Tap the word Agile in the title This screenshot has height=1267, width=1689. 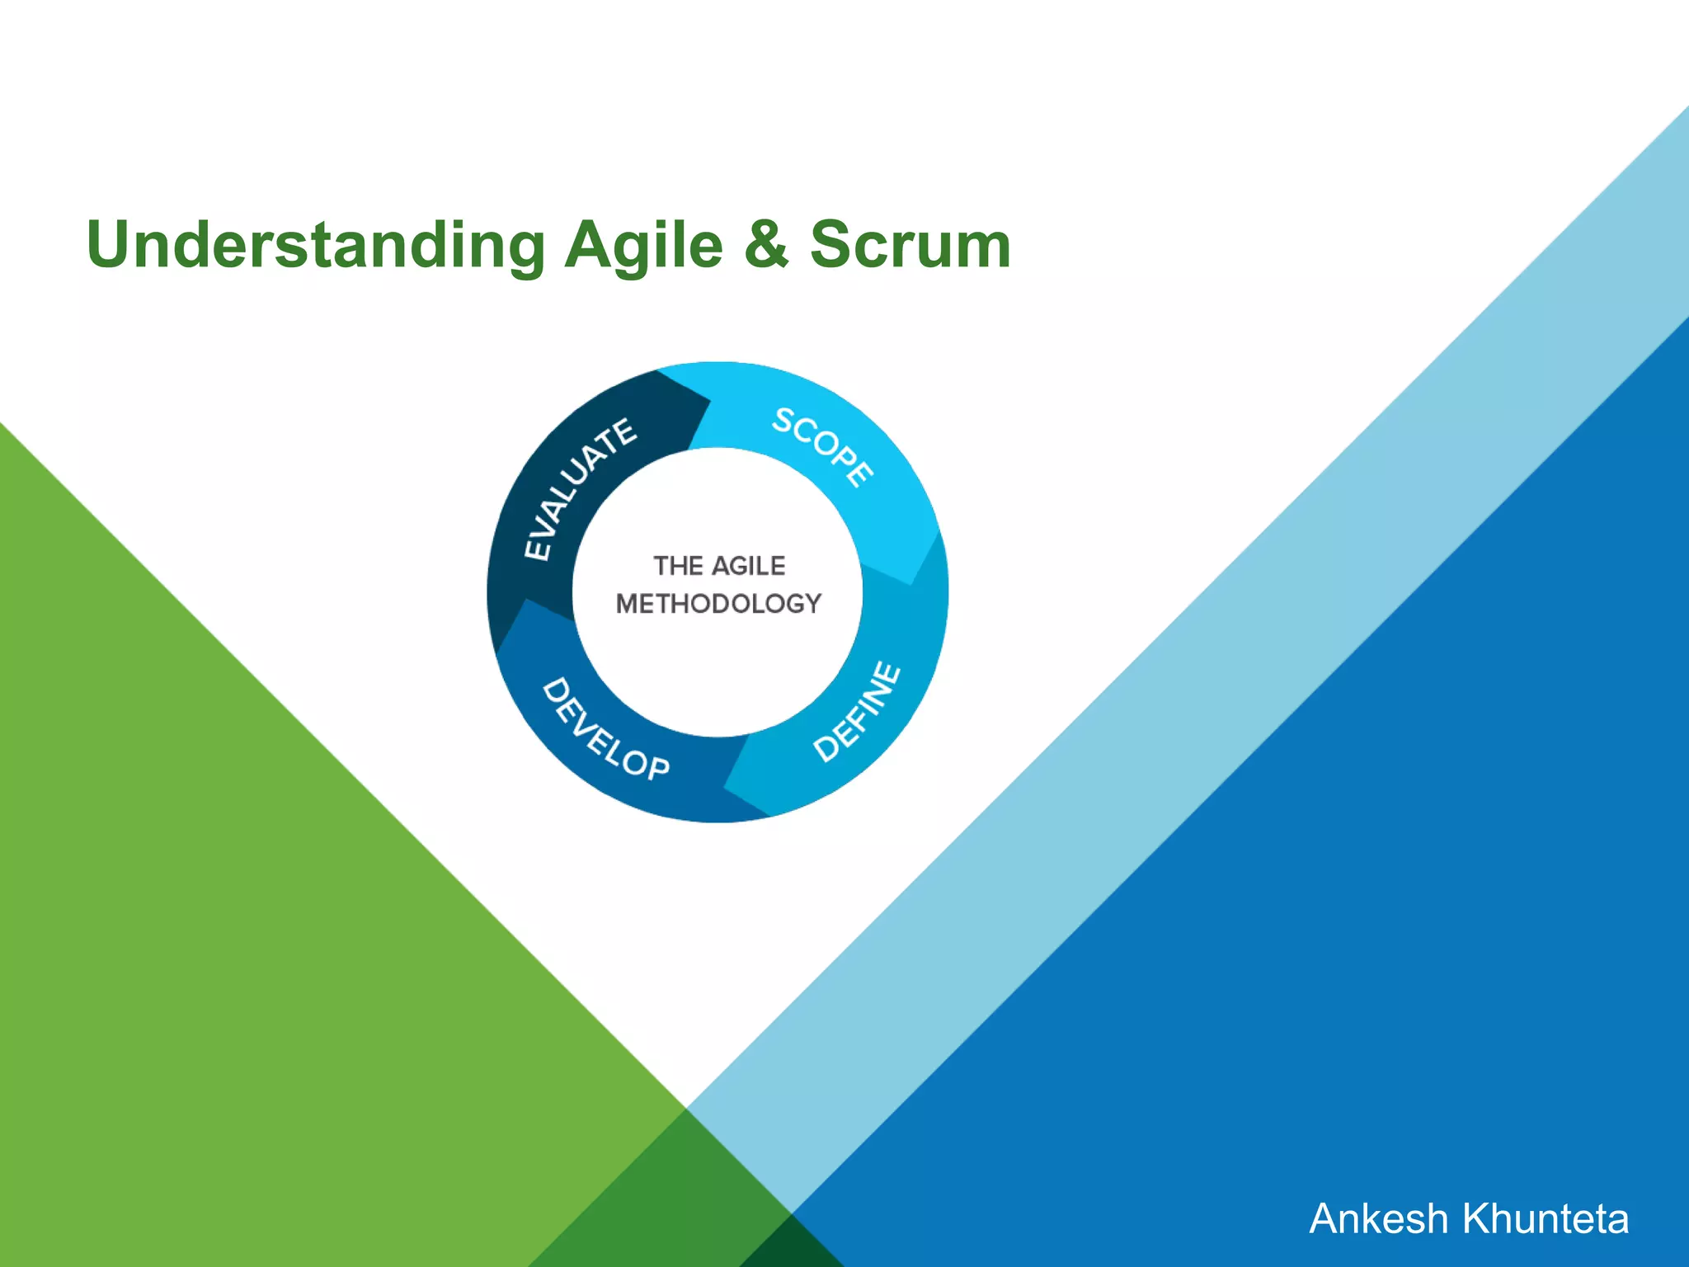tap(643, 245)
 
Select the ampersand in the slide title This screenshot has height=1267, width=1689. tap(766, 245)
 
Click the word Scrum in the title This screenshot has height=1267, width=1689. tap(910, 245)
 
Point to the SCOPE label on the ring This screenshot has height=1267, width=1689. tap(823, 447)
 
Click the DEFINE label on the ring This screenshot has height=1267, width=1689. tap(858, 711)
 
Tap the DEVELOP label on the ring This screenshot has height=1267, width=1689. tap(605, 730)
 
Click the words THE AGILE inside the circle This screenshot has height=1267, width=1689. tap(719, 566)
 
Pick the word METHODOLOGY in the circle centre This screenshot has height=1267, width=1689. tap(718, 604)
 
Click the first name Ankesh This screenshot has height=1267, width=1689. tap(1378, 1219)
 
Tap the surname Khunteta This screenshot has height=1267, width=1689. tap(1546, 1219)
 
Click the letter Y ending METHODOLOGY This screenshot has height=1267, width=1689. tap(812, 604)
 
